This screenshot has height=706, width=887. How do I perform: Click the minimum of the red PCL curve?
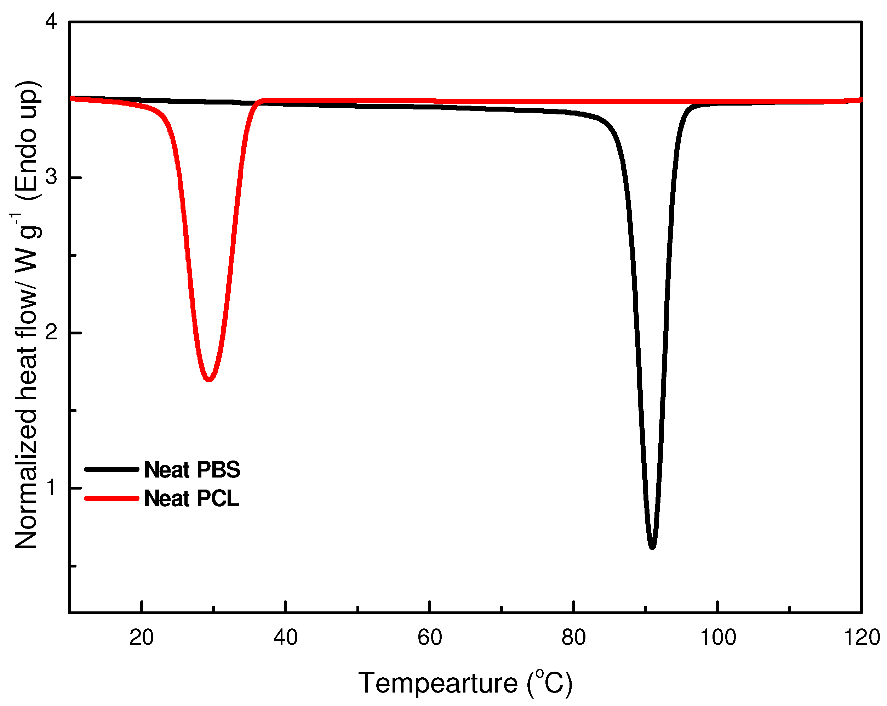[x=209, y=379]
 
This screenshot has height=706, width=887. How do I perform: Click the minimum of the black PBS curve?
[x=652, y=547]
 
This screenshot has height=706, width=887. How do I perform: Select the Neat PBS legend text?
[x=192, y=470]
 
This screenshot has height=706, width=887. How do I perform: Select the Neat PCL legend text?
[x=191, y=498]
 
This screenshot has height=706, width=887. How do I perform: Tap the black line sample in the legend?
[x=111, y=469]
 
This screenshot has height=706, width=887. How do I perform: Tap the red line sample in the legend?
[x=111, y=498]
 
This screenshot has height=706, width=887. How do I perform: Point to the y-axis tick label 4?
[x=51, y=21]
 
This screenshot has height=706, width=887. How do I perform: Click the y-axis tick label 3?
[x=51, y=177]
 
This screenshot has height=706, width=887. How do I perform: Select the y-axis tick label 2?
[x=51, y=333]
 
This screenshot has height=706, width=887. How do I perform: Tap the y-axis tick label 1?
[x=51, y=488]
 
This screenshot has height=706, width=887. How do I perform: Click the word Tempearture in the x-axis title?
[x=438, y=683]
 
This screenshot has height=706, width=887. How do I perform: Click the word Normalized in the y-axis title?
[x=26, y=480]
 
